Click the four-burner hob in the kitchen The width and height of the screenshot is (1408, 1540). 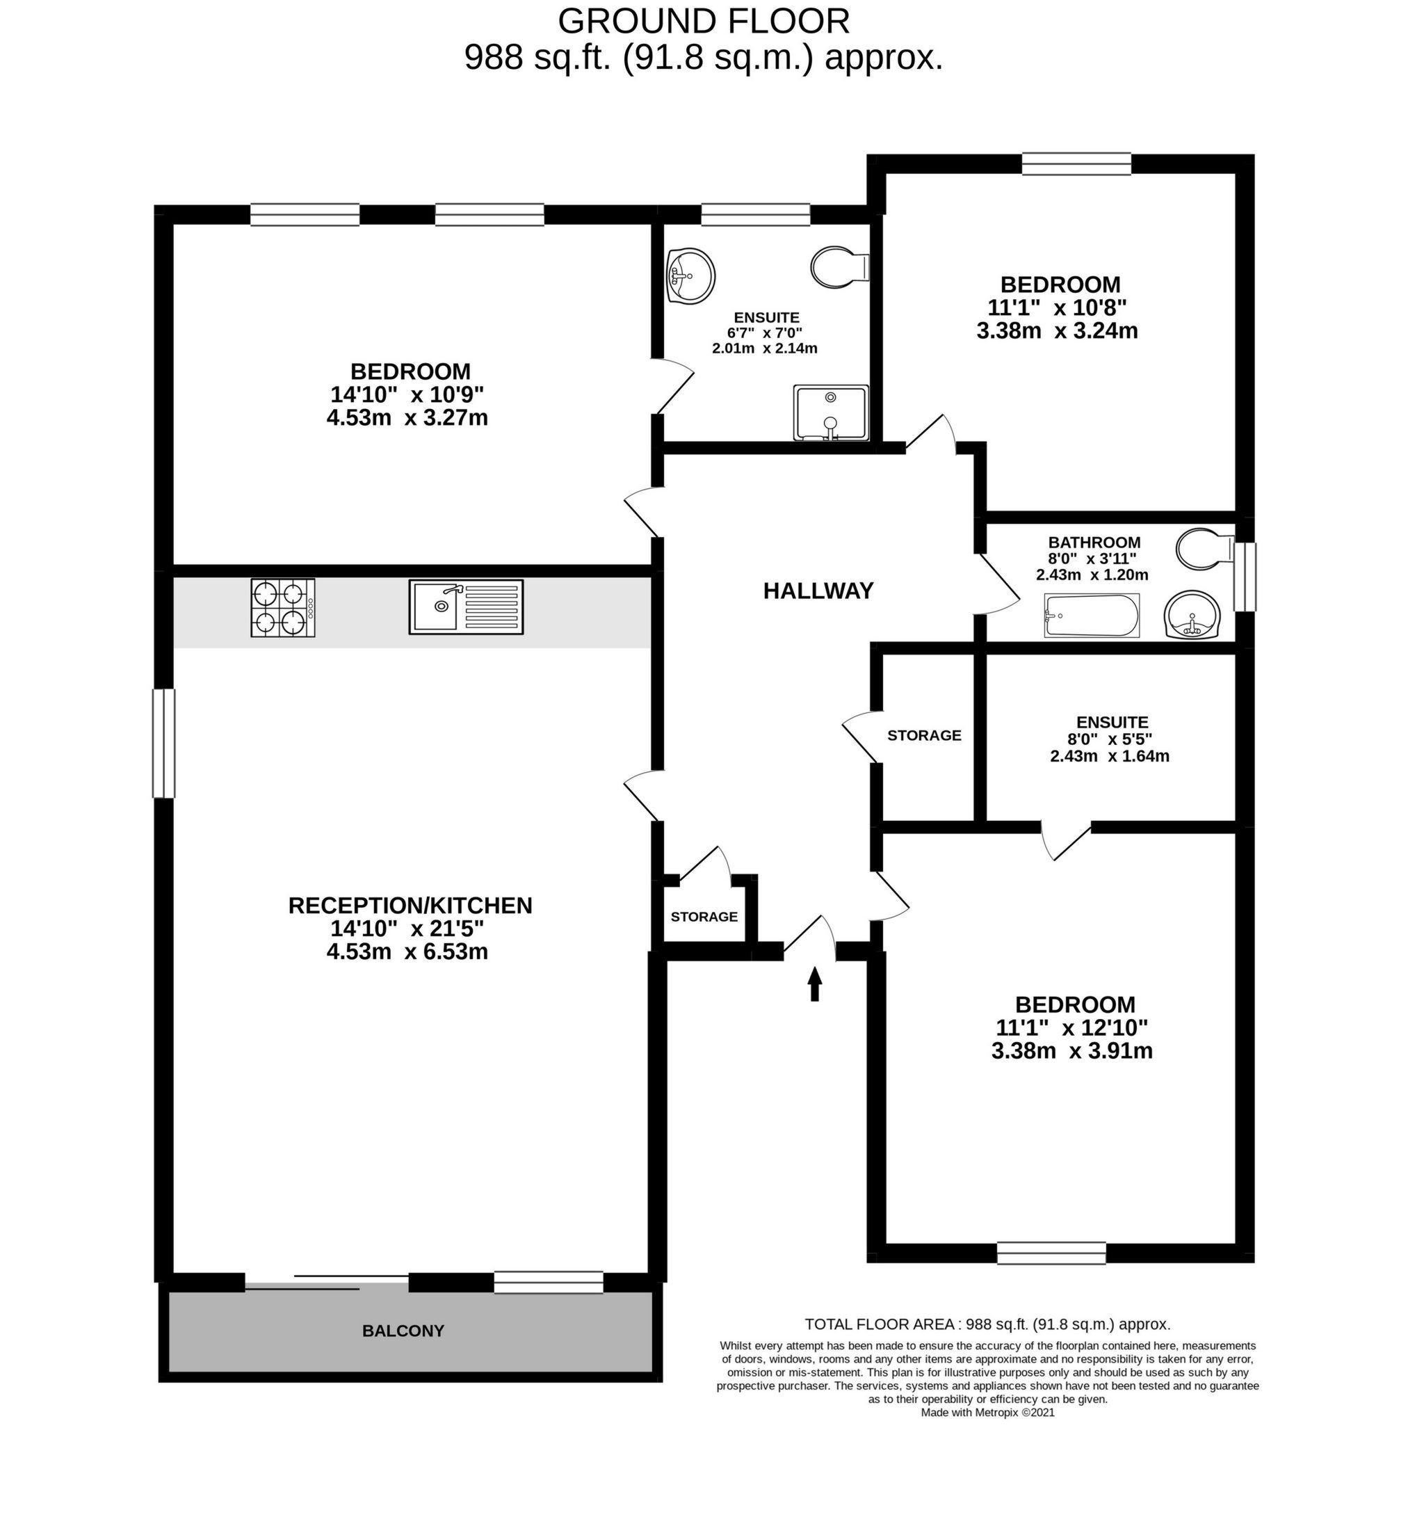282,607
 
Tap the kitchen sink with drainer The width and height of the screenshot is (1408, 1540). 466,607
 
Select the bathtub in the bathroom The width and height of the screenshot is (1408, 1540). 1091,616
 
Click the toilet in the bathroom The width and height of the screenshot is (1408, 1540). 1203,550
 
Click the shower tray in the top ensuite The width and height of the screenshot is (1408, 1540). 831,413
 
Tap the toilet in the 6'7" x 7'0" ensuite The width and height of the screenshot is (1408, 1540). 839,267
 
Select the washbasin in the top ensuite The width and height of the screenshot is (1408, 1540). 690,275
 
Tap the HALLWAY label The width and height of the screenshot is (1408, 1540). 818,591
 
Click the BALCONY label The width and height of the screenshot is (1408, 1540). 403,1331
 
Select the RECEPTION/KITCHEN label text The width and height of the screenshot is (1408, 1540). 410,905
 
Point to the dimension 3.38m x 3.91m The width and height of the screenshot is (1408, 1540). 1071,1051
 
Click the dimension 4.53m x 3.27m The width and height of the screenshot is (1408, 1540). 407,419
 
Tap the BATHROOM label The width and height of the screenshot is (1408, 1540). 1094,543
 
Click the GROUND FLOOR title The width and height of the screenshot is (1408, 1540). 703,22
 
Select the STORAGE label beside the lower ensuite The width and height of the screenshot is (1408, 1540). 924,735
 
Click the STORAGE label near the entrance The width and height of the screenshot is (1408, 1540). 704,917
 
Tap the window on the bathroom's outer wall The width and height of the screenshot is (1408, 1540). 1245,577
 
